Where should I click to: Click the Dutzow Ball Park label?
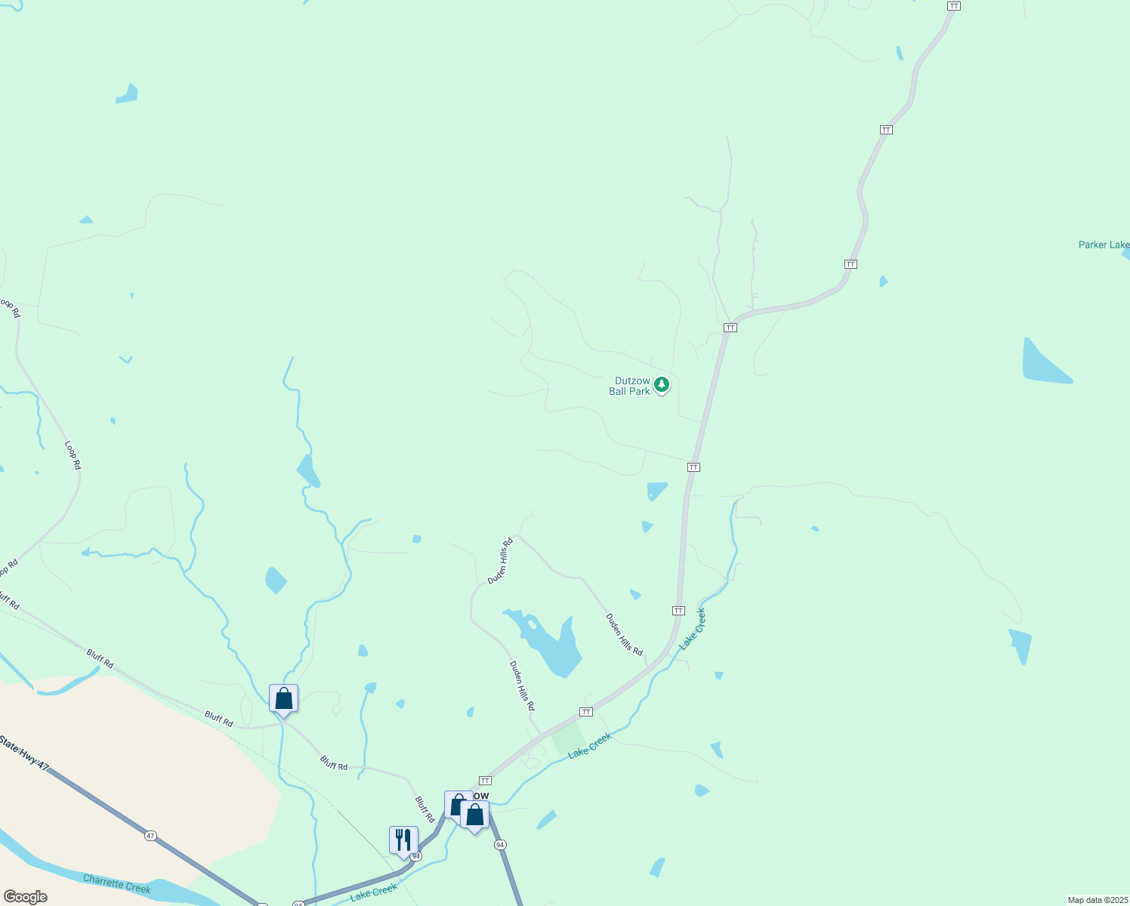(629, 387)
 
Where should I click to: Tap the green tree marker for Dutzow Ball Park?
(662, 385)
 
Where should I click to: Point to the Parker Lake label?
(1103, 245)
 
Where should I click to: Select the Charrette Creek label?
(116, 883)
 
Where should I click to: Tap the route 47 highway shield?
(151, 836)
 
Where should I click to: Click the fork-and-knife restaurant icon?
(403, 840)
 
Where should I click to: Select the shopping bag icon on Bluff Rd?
(283, 698)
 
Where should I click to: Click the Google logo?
(25, 897)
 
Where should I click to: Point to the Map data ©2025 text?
(1098, 900)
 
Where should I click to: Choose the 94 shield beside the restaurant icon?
(415, 856)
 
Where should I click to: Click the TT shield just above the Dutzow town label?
(485, 781)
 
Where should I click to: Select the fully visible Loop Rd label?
(73, 456)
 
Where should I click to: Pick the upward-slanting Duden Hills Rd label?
(500, 561)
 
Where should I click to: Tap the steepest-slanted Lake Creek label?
(692, 630)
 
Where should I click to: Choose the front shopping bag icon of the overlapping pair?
(474, 815)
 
